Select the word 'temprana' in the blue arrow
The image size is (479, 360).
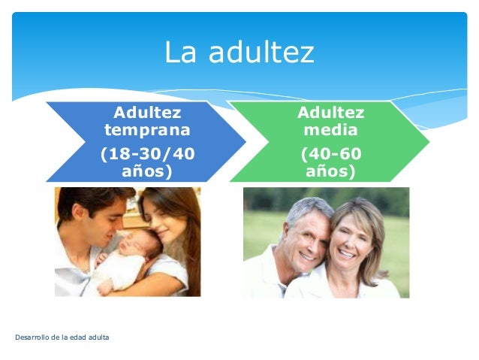[147, 130]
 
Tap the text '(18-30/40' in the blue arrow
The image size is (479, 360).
[147, 154]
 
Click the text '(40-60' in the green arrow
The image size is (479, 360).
[330, 154]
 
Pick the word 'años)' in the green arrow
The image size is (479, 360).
[330, 171]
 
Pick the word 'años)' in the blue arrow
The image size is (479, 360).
[147, 171]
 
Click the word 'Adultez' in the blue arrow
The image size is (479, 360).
[147, 113]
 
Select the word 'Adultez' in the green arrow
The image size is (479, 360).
[330, 113]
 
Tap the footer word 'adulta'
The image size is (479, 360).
[98, 337]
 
